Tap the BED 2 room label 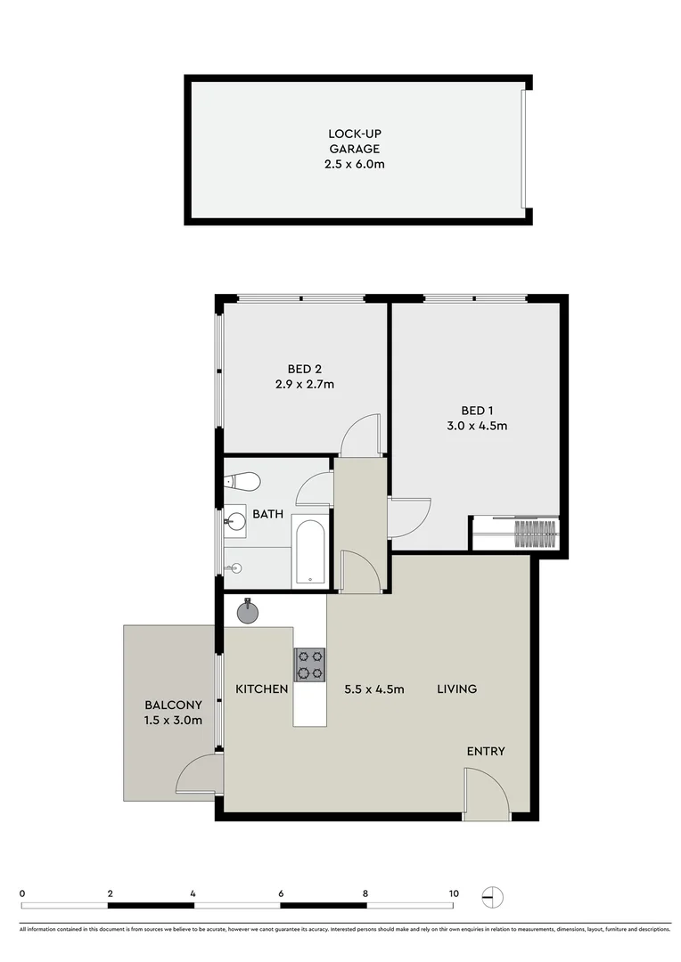coord(299,369)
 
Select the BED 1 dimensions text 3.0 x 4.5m coord(477,425)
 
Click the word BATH coord(267,514)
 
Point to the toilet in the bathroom coord(242,482)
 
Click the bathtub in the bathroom coord(309,552)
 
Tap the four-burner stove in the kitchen coord(309,664)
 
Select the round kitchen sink coord(247,613)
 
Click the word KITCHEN coord(261,689)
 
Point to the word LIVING coord(456,689)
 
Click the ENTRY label coord(486,751)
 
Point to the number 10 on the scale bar coord(454,893)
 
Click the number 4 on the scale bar coord(193,893)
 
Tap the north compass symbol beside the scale coord(491,895)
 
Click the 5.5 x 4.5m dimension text coord(374,689)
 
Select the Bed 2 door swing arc coord(360,435)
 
